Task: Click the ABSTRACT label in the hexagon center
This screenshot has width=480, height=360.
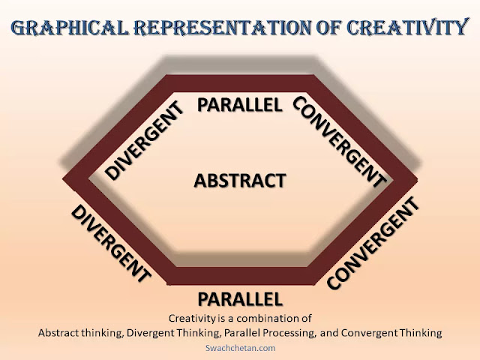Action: tap(240, 181)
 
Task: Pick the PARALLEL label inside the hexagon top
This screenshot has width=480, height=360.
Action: tap(240, 104)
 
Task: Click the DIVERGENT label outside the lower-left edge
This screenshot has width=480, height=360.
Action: tap(110, 242)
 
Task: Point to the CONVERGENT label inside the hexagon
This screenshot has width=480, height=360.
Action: tap(338, 141)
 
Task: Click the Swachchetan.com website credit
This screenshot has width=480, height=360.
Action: tap(240, 348)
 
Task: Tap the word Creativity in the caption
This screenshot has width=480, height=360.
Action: tap(193, 318)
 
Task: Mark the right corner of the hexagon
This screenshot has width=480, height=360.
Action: tap(412, 180)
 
